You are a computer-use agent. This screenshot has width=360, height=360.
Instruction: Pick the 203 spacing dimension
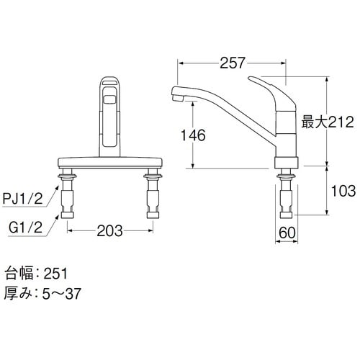point(109,232)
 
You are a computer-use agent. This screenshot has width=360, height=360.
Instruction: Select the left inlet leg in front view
point(70,193)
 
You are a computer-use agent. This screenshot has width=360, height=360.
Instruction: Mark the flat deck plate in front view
point(110,162)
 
